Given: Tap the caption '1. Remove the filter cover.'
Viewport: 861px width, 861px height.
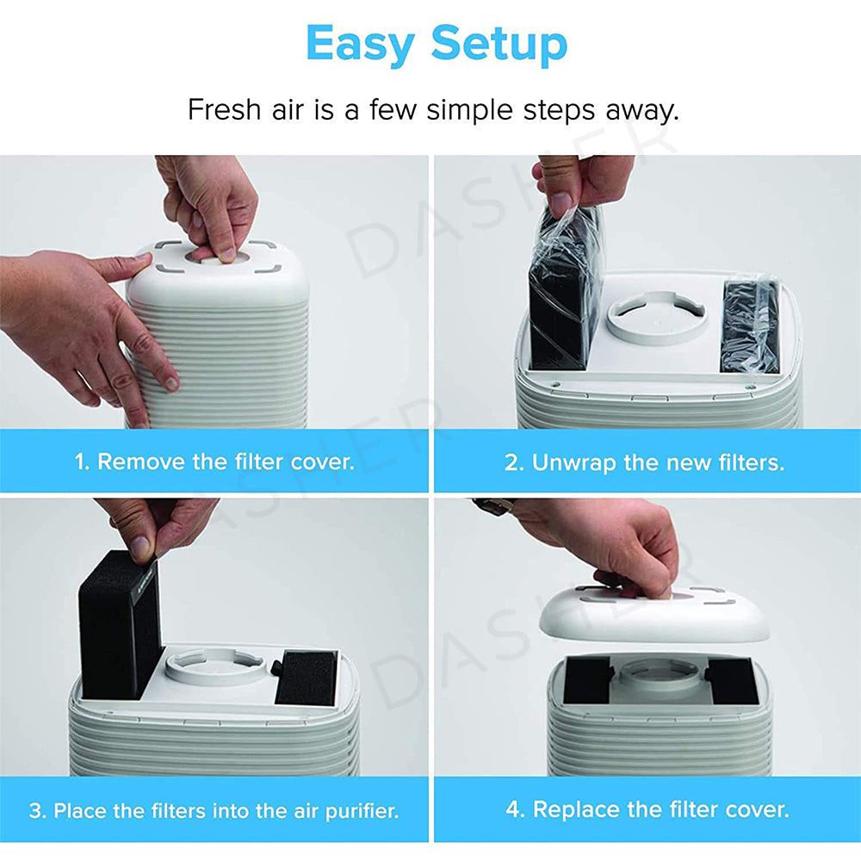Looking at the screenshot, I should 214,461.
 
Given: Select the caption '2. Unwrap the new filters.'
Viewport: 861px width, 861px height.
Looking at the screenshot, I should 644,462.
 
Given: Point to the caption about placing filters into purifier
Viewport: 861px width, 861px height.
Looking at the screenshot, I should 214,810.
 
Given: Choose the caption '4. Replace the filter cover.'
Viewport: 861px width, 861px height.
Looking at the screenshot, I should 647,809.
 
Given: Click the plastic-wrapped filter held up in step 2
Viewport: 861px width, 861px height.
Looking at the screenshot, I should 564,293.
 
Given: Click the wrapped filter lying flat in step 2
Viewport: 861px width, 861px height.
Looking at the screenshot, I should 750,325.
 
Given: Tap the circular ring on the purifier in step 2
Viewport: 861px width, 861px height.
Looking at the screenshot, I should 657,317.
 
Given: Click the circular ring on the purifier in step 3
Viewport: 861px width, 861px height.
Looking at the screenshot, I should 215,667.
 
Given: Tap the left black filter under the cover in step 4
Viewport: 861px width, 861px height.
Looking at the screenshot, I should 587,680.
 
